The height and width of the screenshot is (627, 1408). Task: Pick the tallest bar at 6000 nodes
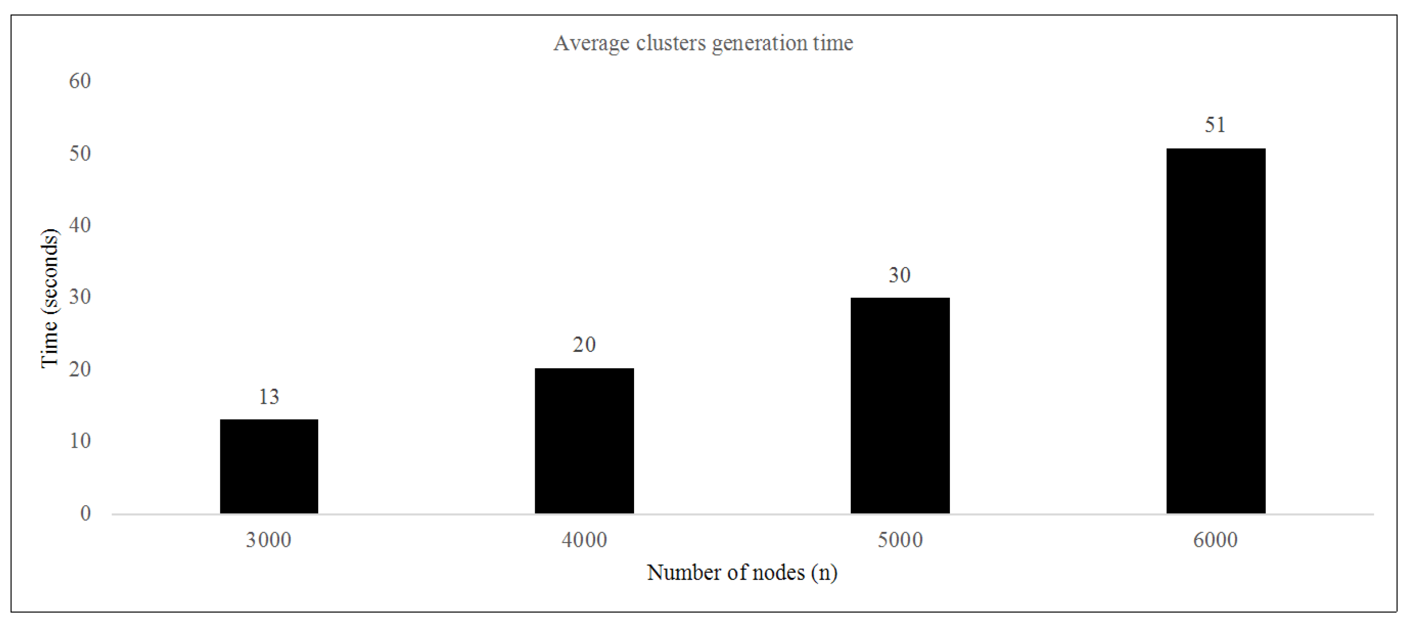pyautogui.click(x=1216, y=331)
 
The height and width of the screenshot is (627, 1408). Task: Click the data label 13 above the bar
pyautogui.click(x=269, y=397)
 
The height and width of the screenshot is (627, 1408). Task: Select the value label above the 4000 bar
pyautogui.click(x=584, y=345)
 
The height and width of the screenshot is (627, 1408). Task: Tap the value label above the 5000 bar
pyautogui.click(x=900, y=275)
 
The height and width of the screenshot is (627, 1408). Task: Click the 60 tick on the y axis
pyautogui.click(x=80, y=81)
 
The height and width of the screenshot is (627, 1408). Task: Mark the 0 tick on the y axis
pyautogui.click(x=85, y=513)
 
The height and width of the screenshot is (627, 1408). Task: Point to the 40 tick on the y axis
pyautogui.click(x=80, y=225)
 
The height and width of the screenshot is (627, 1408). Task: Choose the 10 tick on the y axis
pyautogui.click(x=80, y=441)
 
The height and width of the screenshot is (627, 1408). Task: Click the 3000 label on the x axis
pyautogui.click(x=269, y=540)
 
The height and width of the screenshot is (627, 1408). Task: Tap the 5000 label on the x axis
pyautogui.click(x=900, y=540)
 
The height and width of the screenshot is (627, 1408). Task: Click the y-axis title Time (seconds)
pyautogui.click(x=50, y=298)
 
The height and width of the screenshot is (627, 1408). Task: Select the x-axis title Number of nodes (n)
pyautogui.click(x=742, y=572)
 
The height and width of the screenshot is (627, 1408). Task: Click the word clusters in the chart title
pyautogui.click(x=671, y=43)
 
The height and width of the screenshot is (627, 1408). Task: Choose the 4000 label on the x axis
pyautogui.click(x=584, y=540)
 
